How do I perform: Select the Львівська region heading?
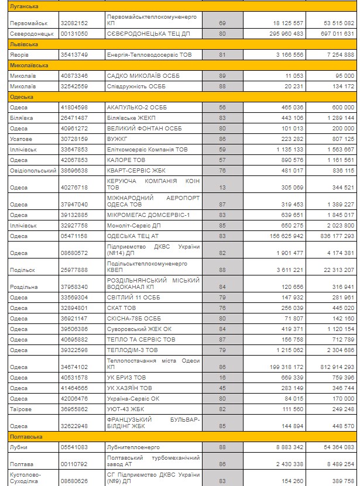click(24, 44)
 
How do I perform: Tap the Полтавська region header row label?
click(26, 437)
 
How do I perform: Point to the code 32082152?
click(74, 23)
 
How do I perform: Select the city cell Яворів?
click(19, 54)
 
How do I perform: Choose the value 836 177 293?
click(333, 235)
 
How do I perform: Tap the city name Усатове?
click(20, 139)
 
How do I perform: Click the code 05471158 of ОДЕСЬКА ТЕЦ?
click(74, 235)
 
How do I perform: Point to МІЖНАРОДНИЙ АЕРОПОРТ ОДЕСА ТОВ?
click(153, 201)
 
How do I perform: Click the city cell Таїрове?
click(20, 409)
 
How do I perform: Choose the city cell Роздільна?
click(23, 287)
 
